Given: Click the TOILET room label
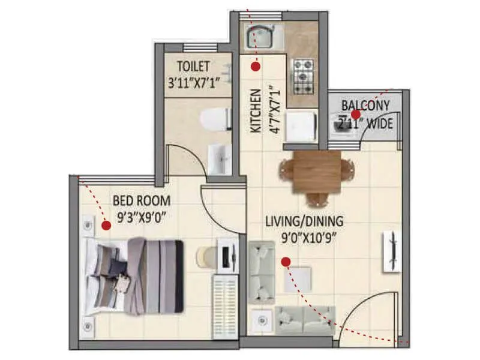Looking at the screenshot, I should (x=193, y=65).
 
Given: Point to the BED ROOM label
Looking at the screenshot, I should (x=141, y=200).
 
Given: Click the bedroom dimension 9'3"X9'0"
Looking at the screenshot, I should (x=141, y=217).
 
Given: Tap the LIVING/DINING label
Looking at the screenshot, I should (x=304, y=221).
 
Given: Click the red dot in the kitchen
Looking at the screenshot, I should (x=256, y=67).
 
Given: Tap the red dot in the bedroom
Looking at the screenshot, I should (x=106, y=226).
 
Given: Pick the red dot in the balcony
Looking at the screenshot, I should (x=355, y=113).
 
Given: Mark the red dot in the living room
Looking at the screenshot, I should (x=286, y=261).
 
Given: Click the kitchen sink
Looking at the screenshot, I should (x=259, y=37).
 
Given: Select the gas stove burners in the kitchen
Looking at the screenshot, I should (x=304, y=76).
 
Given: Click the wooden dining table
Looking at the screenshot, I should (x=317, y=172).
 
